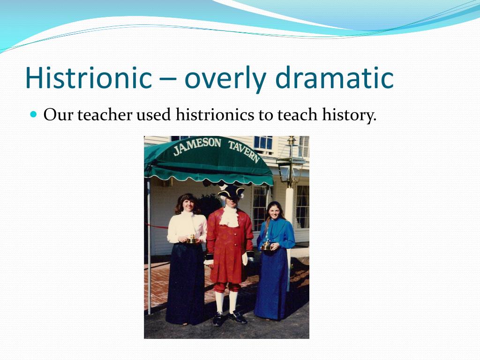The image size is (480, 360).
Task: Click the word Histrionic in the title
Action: [88, 78]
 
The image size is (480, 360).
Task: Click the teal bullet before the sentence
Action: [33, 114]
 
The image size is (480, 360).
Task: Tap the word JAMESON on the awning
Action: [197, 146]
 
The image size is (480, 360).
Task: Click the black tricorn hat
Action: [231, 190]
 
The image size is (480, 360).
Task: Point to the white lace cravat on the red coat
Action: [229, 216]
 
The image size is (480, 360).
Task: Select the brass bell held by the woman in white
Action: [191, 239]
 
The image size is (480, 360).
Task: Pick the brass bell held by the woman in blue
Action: [266, 245]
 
